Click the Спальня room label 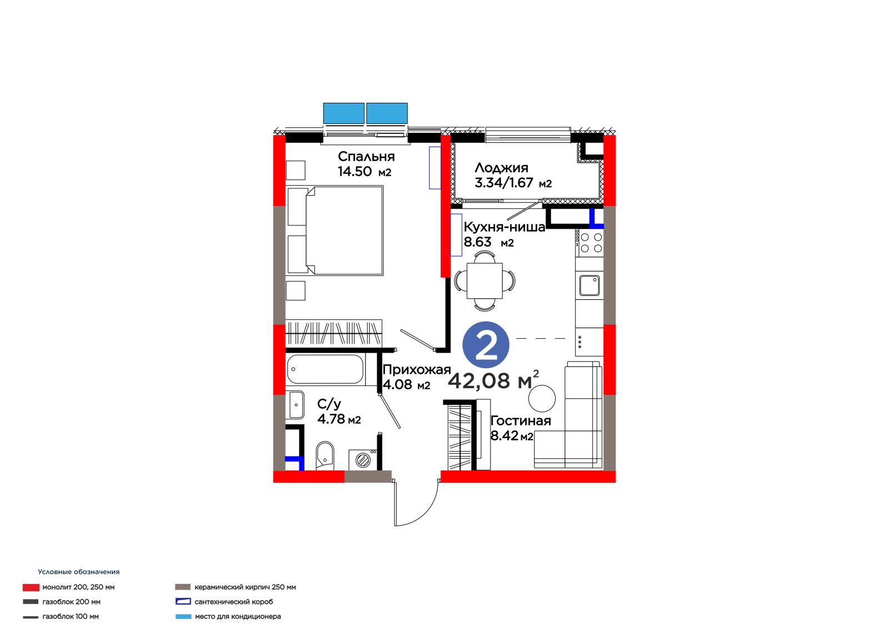366,156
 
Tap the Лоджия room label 501,168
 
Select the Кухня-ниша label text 505,227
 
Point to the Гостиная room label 521,421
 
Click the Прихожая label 417,370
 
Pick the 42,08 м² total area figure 493,380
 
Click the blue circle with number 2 486,345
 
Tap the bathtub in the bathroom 325,369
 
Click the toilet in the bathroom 325,455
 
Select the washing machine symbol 363,460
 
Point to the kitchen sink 590,285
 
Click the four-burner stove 590,243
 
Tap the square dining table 485,280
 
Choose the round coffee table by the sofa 542,398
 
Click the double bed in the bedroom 335,230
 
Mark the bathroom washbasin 297,405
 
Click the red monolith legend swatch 31,587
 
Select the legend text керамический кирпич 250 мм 245,587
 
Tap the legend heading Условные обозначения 78,572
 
